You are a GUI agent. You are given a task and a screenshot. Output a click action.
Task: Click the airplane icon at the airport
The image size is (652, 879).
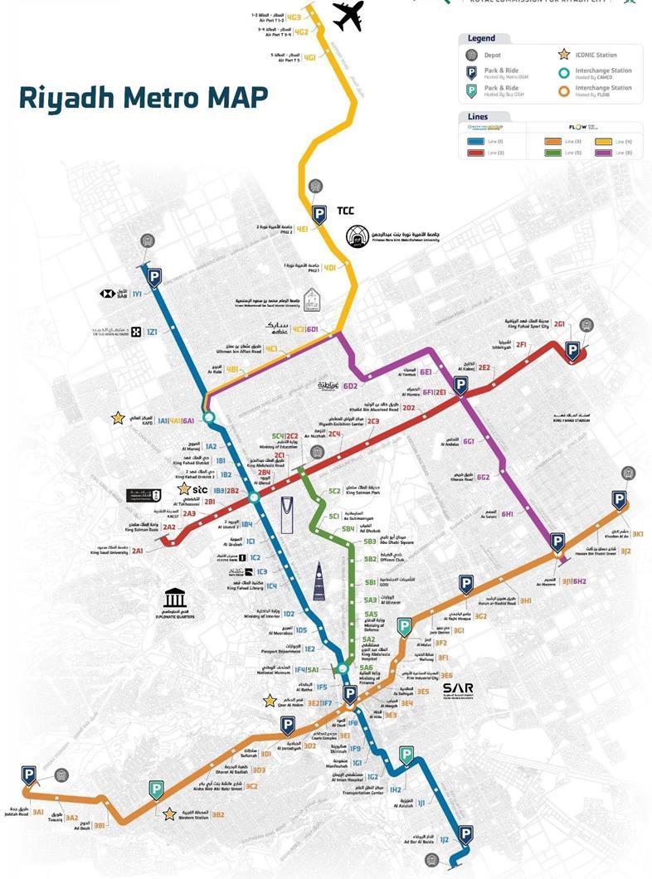point(348,16)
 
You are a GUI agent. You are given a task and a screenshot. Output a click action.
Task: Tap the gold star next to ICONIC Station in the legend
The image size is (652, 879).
point(563,55)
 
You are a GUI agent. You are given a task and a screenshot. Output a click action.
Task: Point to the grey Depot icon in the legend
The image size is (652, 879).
point(470,55)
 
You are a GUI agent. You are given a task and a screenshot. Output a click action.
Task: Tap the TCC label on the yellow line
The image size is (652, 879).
point(346,211)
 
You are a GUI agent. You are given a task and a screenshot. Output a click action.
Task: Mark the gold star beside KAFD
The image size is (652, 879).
point(119,418)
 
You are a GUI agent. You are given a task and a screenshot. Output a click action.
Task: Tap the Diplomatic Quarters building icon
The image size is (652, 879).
point(175,598)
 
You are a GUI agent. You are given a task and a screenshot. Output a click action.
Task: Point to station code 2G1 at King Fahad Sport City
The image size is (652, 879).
point(560,323)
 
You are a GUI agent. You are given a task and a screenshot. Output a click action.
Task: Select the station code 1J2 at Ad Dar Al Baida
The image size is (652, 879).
point(444,840)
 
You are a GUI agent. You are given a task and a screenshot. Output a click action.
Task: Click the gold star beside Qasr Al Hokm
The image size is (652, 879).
point(270,702)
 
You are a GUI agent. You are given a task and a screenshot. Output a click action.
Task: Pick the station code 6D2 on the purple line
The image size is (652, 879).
point(351,386)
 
